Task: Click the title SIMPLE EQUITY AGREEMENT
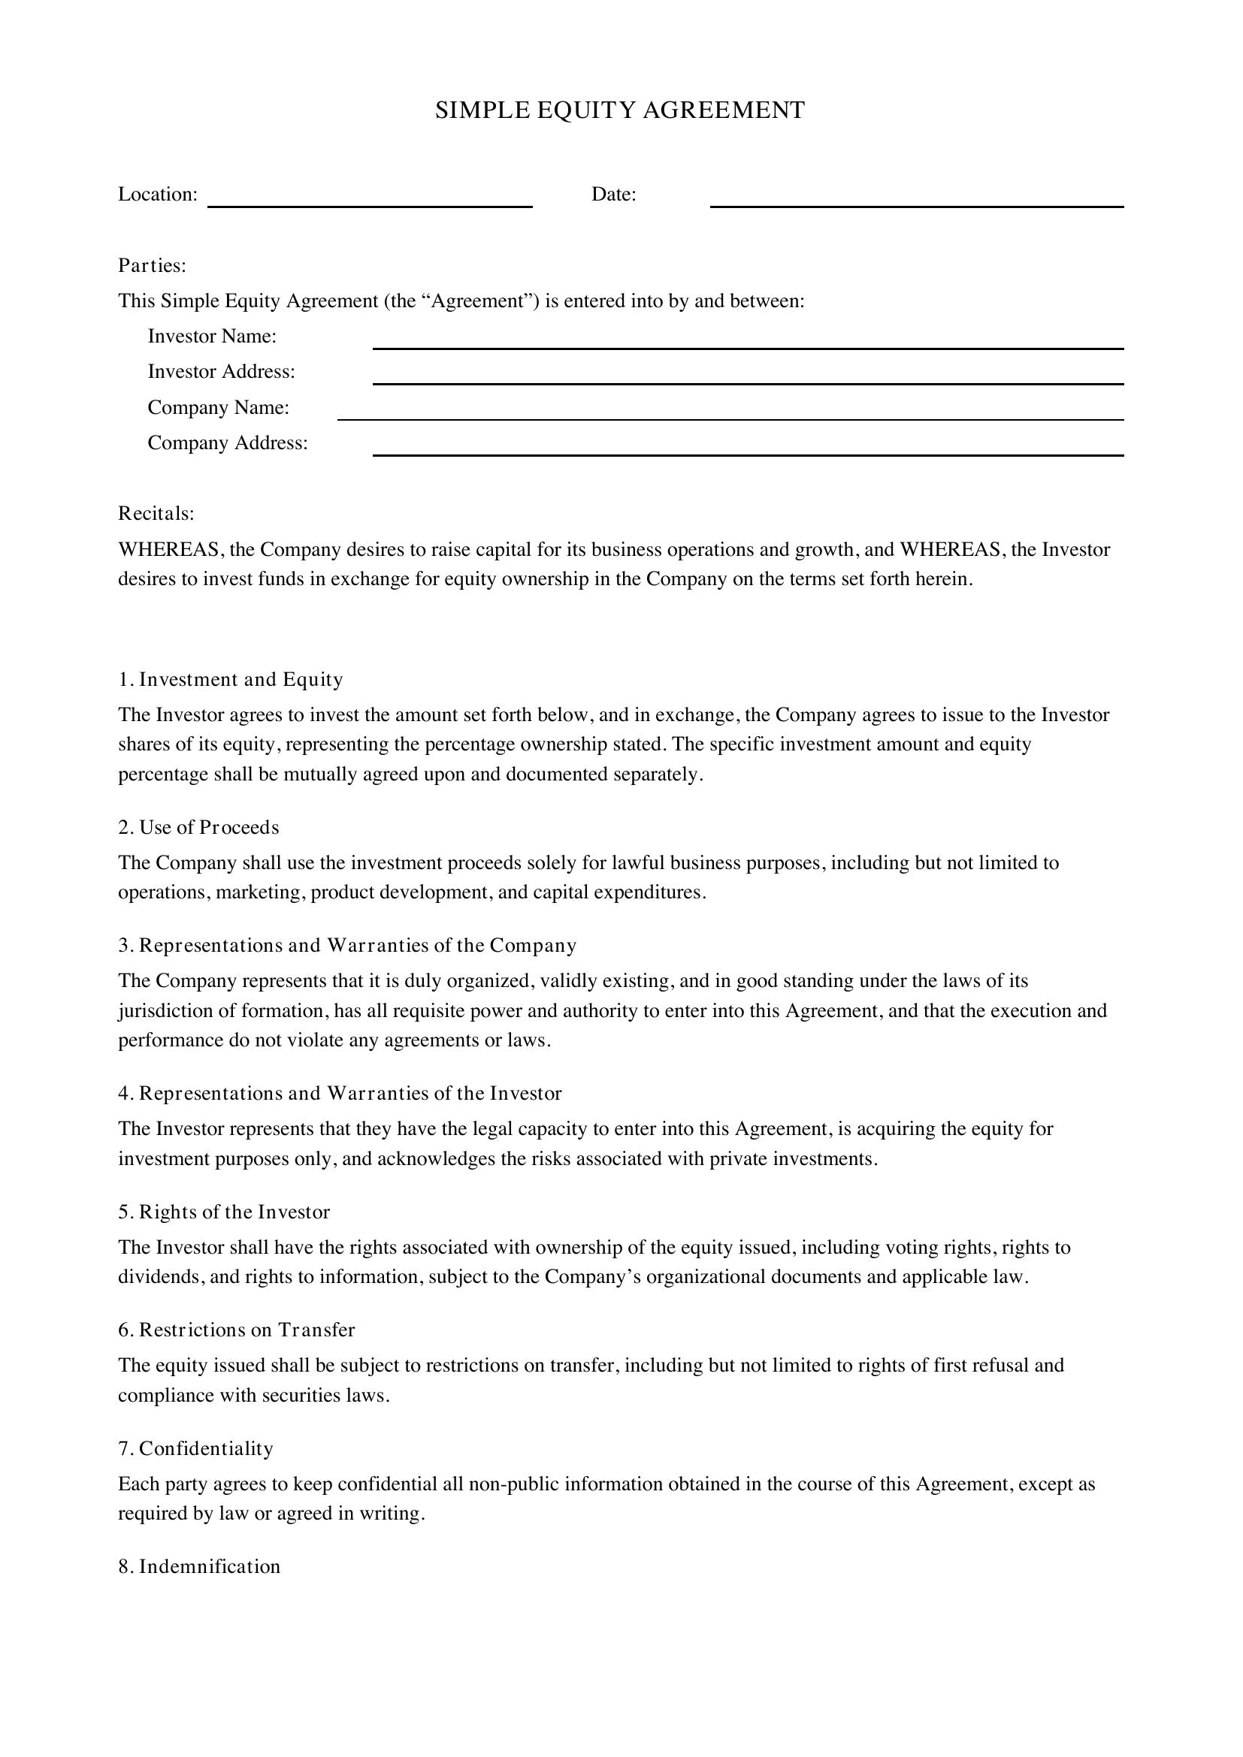tap(620, 111)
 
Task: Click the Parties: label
tap(153, 265)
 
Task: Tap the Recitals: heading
tap(156, 514)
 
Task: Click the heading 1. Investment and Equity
tap(231, 680)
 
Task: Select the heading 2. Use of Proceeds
tap(198, 827)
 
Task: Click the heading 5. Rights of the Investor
tap(223, 1212)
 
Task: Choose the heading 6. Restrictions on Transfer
tap(237, 1330)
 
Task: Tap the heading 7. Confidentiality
tap(195, 1448)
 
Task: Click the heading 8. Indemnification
tap(199, 1566)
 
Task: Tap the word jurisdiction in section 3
tap(165, 1011)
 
